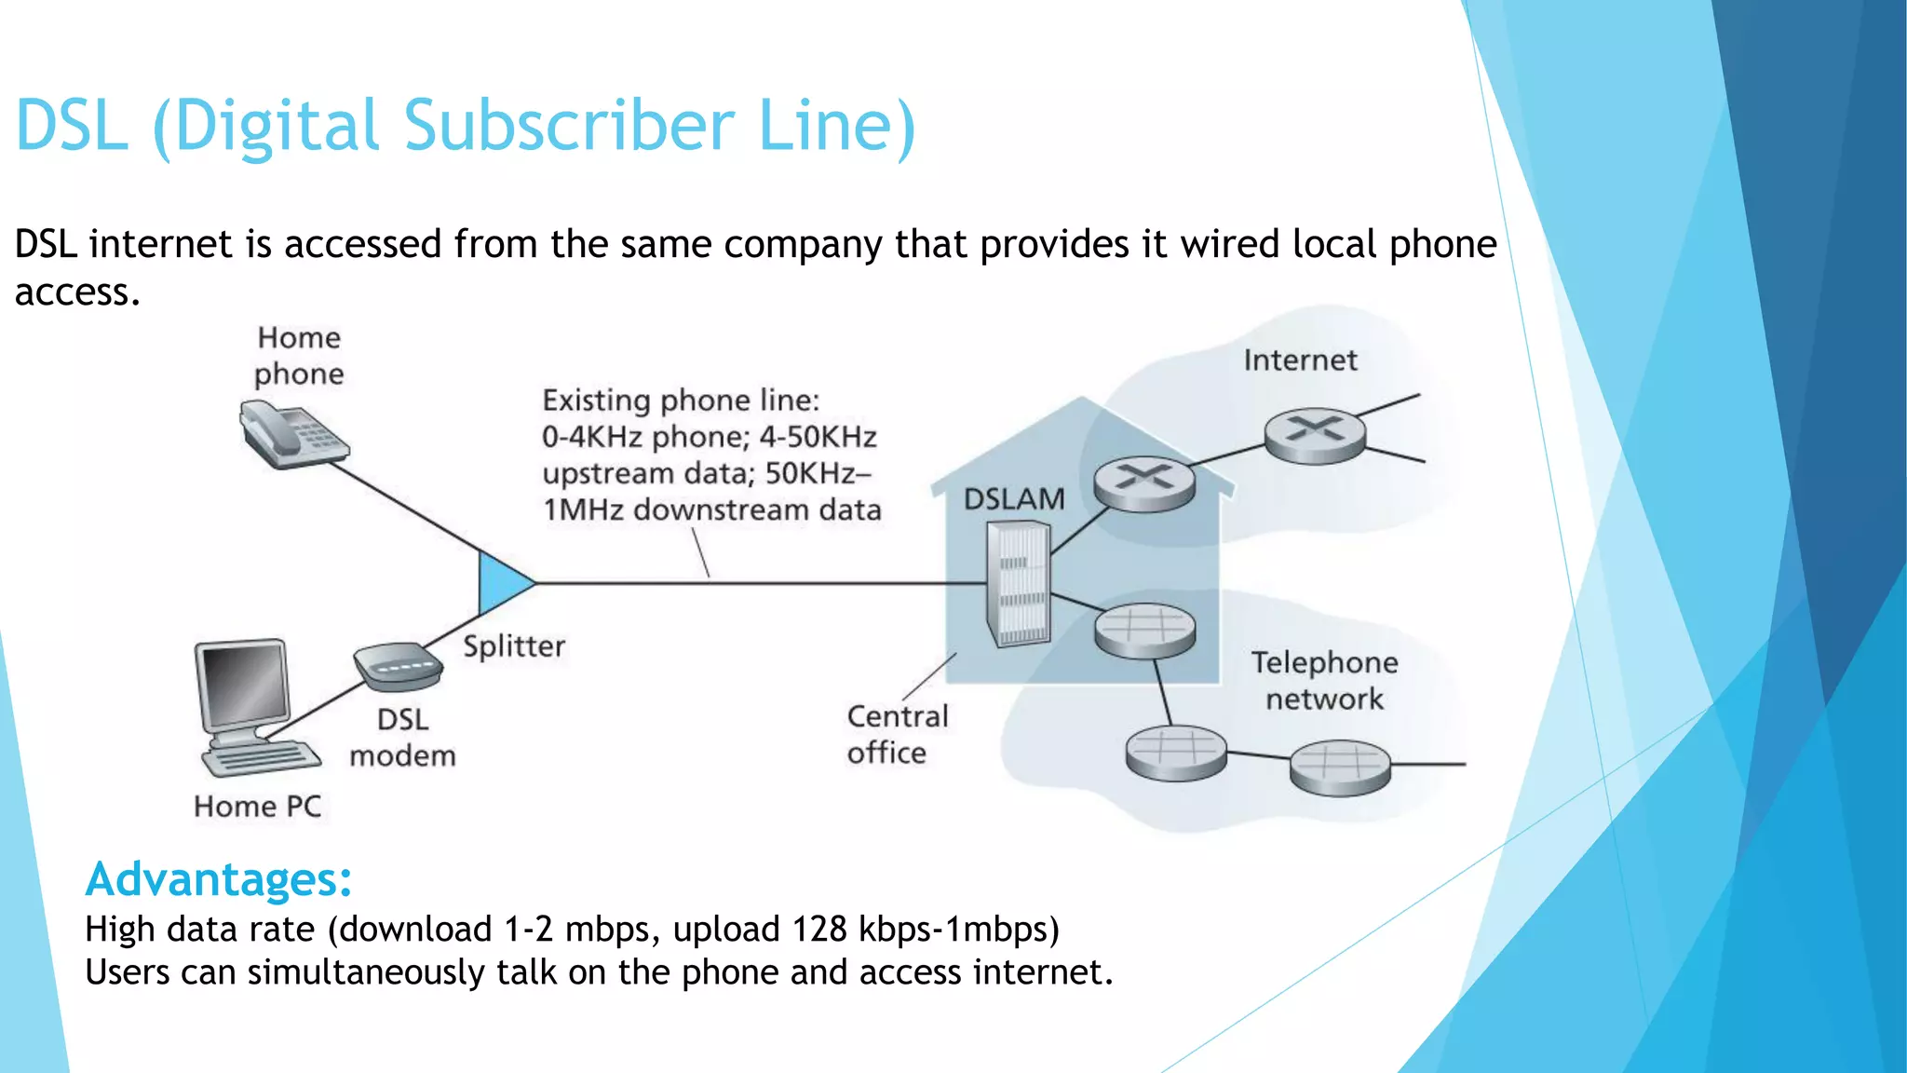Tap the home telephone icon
point(292,433)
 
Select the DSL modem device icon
point(398,666)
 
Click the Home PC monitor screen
point(245,683)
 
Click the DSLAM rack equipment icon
point(1019,584)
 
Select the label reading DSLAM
point(1013,499)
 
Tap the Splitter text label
point(514,646)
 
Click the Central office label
point(896,734)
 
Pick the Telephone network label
point(1324,681)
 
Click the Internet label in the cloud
point(1300,360)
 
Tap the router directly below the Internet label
point(1315,435)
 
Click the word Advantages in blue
point(219,878)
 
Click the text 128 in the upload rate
point(819,930)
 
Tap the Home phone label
point(299,356)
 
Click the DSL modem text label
point(403,738)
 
